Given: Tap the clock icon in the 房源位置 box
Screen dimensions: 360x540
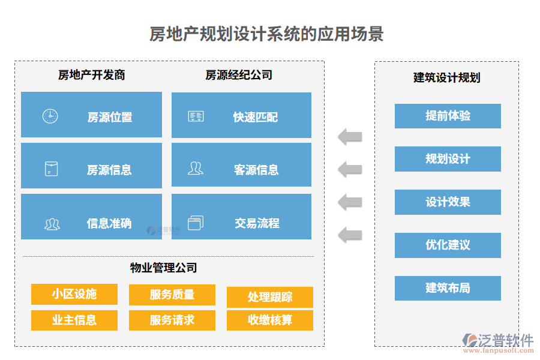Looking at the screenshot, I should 50,116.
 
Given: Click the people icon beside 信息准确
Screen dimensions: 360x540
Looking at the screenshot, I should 52,224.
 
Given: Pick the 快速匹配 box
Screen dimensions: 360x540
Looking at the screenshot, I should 241,115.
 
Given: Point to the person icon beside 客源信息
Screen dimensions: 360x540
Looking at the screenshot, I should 195,169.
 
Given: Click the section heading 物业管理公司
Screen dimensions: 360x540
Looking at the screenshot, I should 164,268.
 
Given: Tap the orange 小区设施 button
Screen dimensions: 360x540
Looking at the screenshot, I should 74,294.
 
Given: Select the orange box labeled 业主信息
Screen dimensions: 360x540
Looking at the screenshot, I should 74,320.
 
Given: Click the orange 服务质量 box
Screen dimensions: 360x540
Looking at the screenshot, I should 172,295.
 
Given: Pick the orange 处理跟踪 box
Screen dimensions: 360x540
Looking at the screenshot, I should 270,297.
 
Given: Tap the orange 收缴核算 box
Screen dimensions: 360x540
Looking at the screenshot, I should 270,320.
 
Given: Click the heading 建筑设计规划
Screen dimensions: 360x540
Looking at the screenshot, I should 446,77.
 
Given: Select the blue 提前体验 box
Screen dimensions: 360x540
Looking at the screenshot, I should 448,116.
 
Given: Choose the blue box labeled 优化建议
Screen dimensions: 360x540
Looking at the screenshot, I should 448,245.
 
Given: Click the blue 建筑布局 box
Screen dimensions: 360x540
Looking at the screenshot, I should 448,288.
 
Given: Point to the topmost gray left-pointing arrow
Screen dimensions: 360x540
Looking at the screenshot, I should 350,136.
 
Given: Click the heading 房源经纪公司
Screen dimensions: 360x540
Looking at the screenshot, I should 239,75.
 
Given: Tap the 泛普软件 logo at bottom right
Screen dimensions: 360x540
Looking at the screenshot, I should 497,342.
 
